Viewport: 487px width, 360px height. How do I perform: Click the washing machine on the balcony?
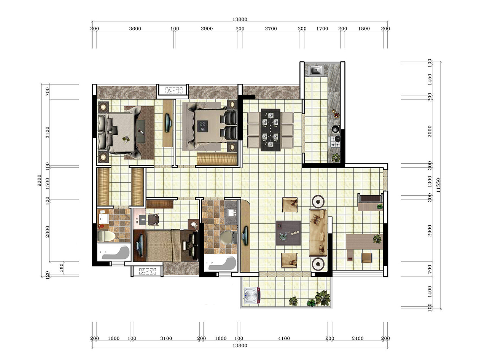tap(251, 295)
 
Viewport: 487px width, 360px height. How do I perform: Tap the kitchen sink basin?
tap(315, 70)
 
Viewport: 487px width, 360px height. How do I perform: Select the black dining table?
tap(271, 130)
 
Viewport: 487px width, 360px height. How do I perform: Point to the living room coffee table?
tap(288, 233)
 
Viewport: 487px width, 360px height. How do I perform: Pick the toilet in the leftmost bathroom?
tap(106, 236)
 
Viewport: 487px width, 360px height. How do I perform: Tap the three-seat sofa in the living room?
tap(318, 233)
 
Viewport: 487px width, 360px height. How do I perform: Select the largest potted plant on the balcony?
tap(322, 298)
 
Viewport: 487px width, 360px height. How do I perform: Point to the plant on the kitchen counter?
tap(336, 158)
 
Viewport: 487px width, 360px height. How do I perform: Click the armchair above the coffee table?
tap(290, 204)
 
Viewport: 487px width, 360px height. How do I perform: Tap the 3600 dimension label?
tap(135, 29)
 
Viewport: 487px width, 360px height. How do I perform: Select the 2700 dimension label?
tap(271, 29)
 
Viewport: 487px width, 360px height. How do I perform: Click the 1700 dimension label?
tap(322, 29)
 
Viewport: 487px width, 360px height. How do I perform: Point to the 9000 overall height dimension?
tap(39, 180)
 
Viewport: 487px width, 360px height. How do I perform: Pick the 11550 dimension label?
tap(438, 185)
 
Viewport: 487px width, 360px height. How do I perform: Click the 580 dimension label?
tap(62, 268)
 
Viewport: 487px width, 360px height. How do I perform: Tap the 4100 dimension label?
tap(284, 338)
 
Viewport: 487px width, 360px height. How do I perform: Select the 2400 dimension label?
tap(358, 338)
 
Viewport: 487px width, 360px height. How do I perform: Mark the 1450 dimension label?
tap(430, 79)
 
